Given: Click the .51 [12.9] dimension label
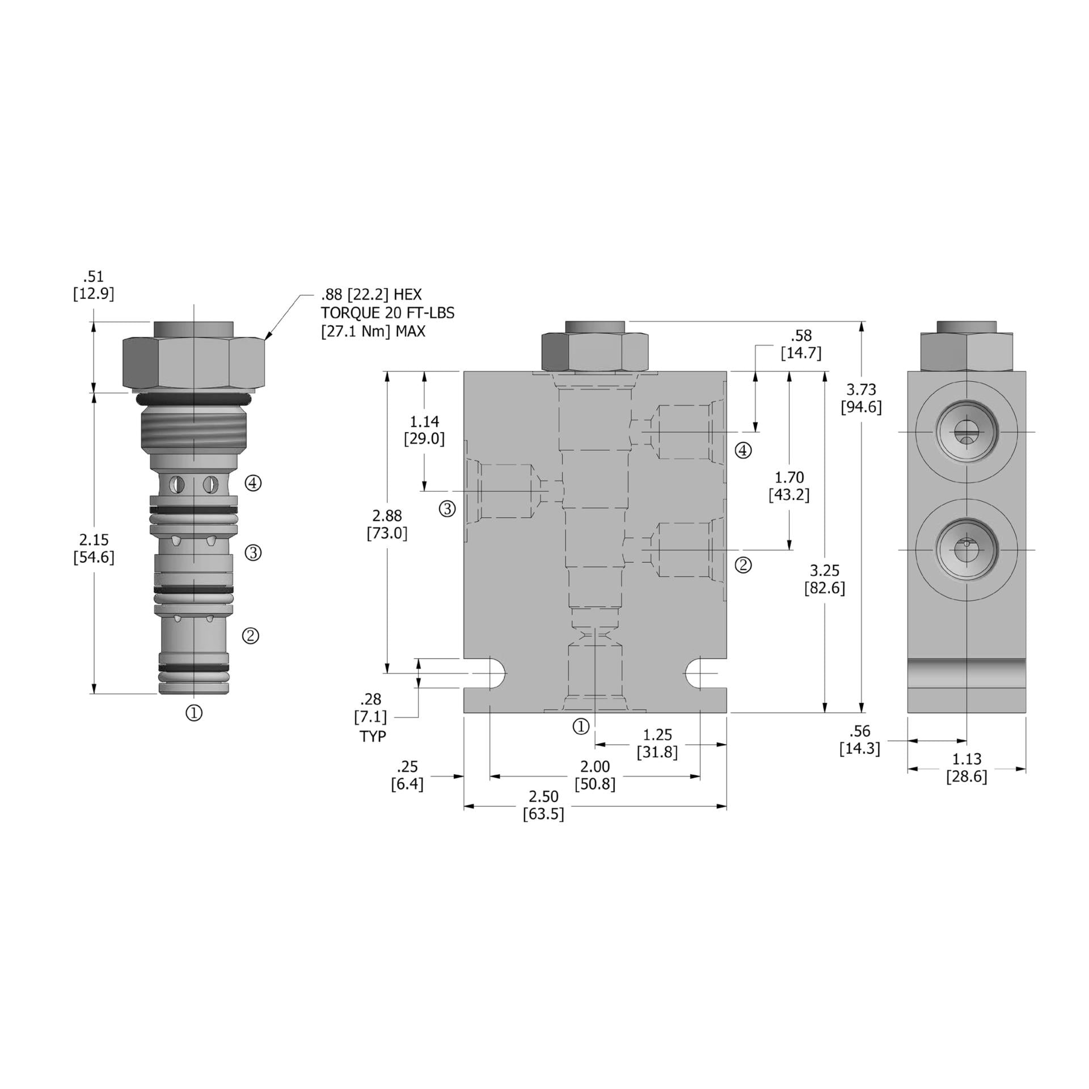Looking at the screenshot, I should click(x=94, y=285).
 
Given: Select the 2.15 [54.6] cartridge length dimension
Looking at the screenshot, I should click(x=94, y=548).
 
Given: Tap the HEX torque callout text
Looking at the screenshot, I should click(x=387, y=313).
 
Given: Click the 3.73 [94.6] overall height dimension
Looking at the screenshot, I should click(x=860, y=398).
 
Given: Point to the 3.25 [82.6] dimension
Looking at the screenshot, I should click(x=824, y=579).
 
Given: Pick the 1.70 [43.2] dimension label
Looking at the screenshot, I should click(x=789, y=486).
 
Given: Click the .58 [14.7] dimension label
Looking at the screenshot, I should click(x=801, y=344).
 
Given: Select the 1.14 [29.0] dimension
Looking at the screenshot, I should click(x=424, y=430).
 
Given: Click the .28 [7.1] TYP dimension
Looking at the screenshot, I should click(x=371, y=716).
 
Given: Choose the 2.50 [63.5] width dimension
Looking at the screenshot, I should click(x=543, y=805).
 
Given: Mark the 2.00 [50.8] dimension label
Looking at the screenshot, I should click(x=594, y=775).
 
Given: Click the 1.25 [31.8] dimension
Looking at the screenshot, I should click(x=657, y=744).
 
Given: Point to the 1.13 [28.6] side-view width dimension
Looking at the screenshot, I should click(x=966, y=767).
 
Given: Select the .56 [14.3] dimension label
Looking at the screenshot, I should click(x=860, y=740).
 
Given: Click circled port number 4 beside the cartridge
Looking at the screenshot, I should click(x=253, y=483).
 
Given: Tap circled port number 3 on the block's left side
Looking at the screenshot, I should click(x=448, y=509).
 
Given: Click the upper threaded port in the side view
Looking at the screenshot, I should click(x=966, y=433).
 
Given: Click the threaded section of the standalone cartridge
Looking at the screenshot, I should click(x=193, y=432).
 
